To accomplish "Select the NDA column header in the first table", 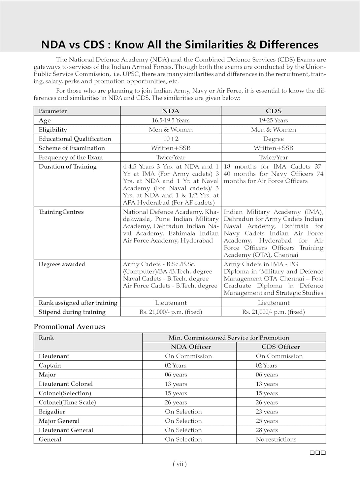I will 171,111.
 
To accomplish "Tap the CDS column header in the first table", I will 274,111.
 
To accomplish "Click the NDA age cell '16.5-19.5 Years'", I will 171,120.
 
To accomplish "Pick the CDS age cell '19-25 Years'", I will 274,120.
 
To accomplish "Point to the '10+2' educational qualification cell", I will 171,139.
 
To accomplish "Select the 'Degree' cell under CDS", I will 274,139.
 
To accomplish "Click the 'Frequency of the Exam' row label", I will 71,157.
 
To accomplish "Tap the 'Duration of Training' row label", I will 68,167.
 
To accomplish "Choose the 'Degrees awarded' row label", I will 62,264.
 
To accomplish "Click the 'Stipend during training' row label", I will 72,312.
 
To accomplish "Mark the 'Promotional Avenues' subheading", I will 69,327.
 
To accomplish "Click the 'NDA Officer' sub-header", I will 191,347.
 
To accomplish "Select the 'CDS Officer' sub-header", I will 281,347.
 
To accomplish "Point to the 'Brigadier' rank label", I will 52,412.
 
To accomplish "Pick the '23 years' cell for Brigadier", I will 267,412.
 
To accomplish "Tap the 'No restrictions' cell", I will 276,439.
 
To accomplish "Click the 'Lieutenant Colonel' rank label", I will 66,384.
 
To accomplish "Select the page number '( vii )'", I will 180,464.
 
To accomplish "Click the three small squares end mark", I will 318,453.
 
